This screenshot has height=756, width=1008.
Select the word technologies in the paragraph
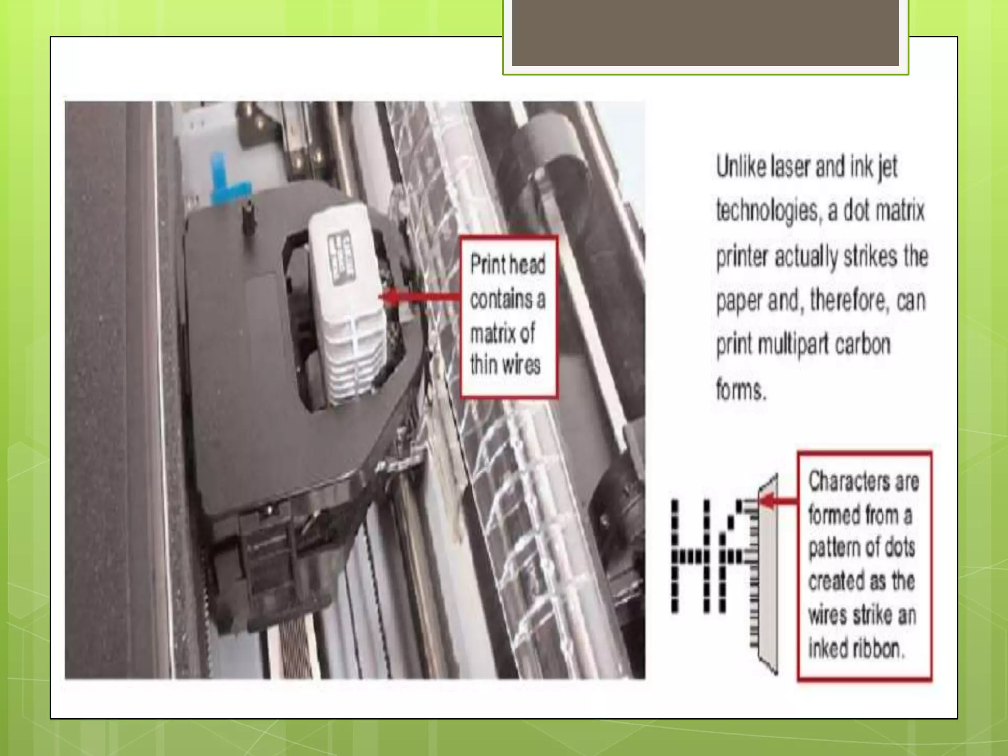click(x=768, y=212)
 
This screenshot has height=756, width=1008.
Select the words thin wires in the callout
click(x=505, y=365)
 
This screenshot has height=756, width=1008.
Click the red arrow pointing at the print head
click(x=419, y=297)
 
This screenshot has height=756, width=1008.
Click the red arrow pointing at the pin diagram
click(x=779, y=501)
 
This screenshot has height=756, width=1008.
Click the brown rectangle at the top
click(x=705, y=32)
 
